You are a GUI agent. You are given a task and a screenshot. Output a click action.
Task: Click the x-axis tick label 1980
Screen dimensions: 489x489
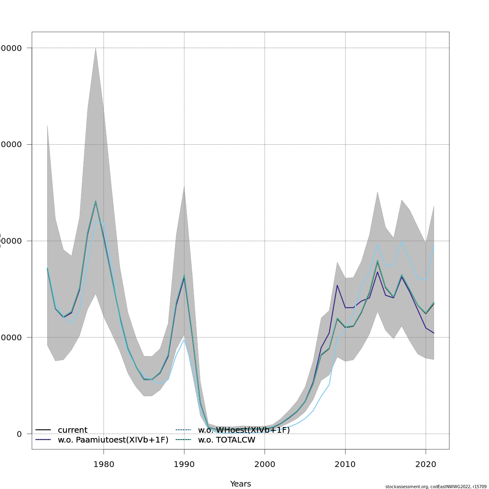[x=104, y=465]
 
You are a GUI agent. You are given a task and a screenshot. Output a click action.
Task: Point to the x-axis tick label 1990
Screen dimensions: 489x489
[x=184, y=465]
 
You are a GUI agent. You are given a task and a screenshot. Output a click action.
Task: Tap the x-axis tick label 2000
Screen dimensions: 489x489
[x=264, y=465]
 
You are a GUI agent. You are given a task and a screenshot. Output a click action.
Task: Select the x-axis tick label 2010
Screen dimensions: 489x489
[x=345, y=465]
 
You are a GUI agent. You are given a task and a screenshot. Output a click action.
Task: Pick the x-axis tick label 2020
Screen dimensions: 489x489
[x=426, y=465]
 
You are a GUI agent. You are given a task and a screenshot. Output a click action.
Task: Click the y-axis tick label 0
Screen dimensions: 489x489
[x=19, y=434]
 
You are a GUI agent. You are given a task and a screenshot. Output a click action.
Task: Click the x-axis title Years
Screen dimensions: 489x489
[x=240, y=484]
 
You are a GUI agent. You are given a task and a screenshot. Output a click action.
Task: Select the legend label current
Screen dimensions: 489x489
[x=73, y=430]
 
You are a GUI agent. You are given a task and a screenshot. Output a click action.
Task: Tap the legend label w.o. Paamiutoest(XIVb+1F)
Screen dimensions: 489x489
[x=113, y=440]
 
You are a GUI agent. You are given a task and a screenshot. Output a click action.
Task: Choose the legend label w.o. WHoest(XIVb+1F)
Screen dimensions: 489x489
[x=244, y=430]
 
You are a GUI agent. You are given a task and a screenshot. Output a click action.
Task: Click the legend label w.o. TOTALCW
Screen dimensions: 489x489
[x=227, y=440]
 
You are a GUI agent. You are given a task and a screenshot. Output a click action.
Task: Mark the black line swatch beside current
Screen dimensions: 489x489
[x=43, y=430]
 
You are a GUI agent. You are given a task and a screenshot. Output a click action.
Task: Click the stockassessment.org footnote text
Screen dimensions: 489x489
[x=436, y=487]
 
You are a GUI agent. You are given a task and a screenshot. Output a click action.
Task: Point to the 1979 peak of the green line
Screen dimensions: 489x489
[x=96, y=201]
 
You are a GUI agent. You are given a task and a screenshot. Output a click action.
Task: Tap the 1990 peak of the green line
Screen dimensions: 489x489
[x=184, y=275]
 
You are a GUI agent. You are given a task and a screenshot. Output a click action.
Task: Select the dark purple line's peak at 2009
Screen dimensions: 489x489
[x=337, y=285]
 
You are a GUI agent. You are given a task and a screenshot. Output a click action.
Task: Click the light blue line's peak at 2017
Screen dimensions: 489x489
[x=402, y=241]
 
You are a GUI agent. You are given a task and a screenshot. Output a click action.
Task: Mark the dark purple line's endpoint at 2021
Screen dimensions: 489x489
[x=434, y=333]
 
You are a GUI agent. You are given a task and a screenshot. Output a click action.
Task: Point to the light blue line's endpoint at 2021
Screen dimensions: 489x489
[x=434, y=246]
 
